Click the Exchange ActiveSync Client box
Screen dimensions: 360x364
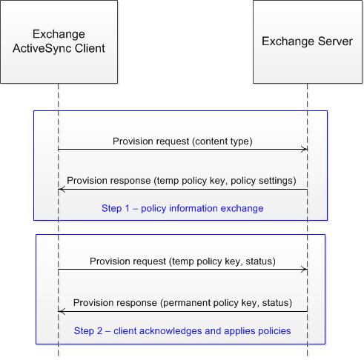pos(59,41)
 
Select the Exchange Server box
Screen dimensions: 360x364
pos(307,41)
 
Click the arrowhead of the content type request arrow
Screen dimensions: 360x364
pos(304,150)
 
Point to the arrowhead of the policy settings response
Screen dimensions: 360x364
pos(62,190)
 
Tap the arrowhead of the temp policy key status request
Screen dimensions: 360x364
pos(304,270)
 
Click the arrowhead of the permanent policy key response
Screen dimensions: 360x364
pos(62,311)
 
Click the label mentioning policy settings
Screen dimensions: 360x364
pos(182,180)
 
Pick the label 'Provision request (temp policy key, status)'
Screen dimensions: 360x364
pos(182,261)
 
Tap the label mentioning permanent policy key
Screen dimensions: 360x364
pos(182,302)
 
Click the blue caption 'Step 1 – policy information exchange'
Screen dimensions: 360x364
pos(182,209)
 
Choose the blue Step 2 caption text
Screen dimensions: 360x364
pos(182,330)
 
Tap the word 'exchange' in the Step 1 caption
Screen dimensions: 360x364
pos(244,209)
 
